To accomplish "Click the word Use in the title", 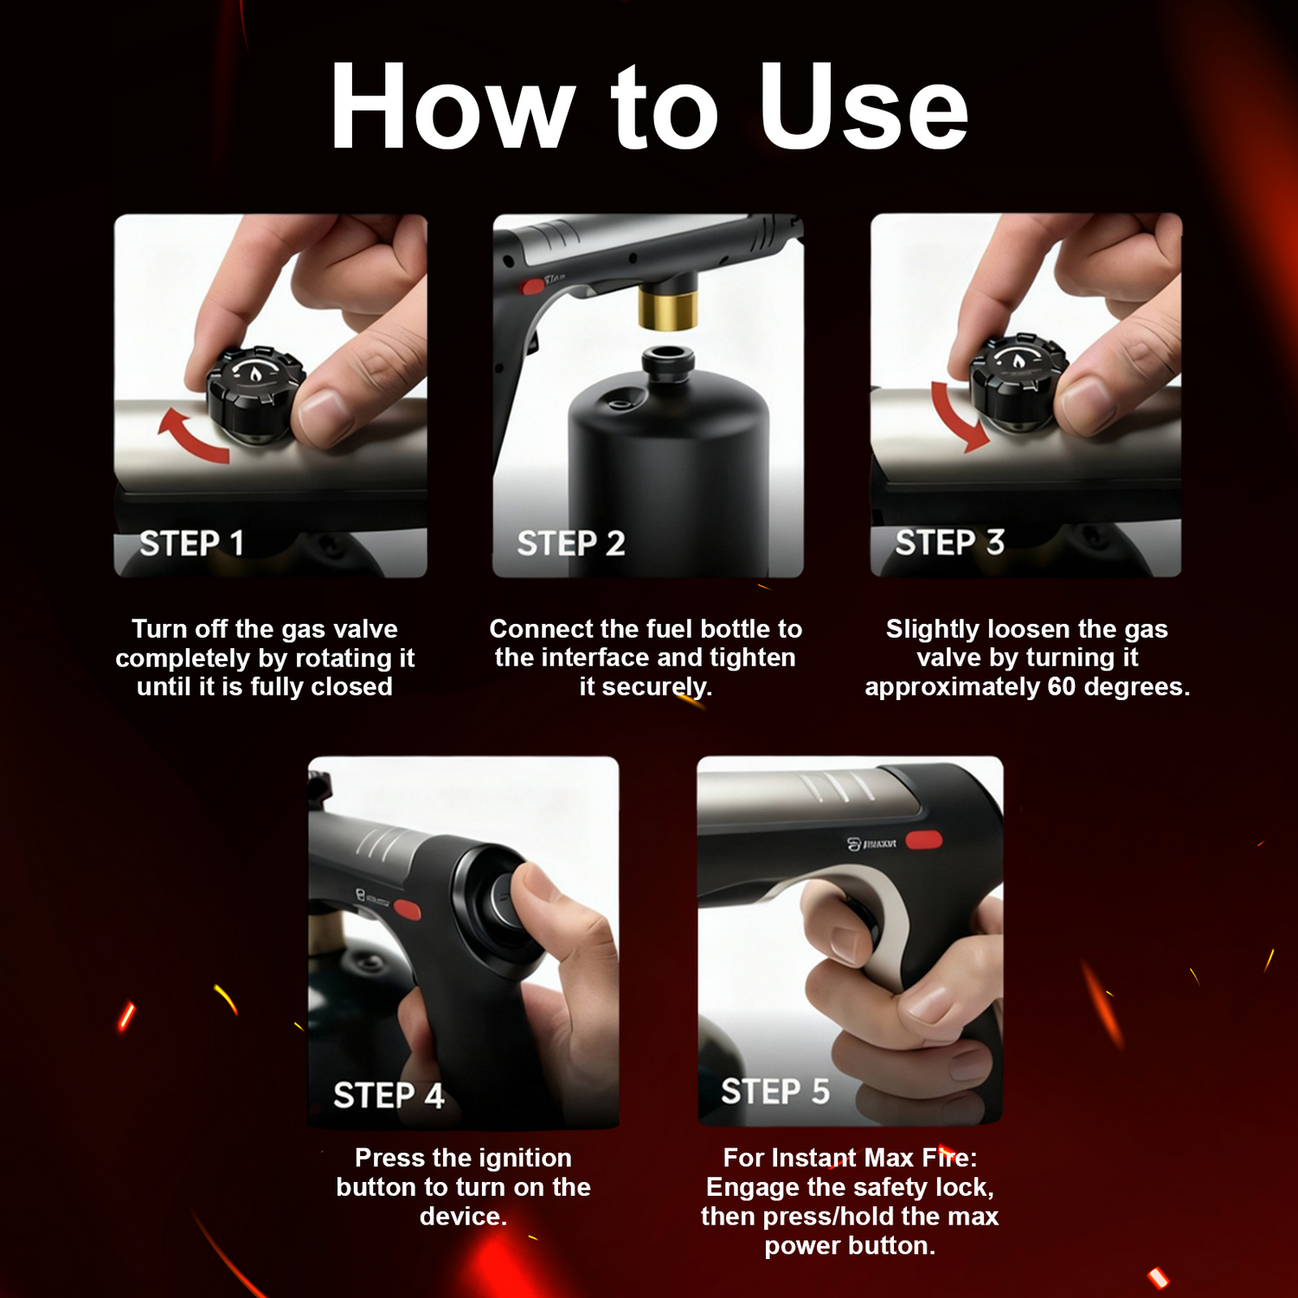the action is [x=864, y=107].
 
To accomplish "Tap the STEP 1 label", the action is [x=191, y=543].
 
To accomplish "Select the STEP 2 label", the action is [x=570, y=543].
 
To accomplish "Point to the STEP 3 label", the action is [x=949, y=543].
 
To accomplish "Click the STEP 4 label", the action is [x=389, y=1096].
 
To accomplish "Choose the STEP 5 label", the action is [x=775, y=1091].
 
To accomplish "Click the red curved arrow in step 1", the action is [x=191, y=435].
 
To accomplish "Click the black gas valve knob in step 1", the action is [x=255, y=395].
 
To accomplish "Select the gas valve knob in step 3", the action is [x=1018, y=380].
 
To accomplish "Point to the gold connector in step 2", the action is [x=668, y=309].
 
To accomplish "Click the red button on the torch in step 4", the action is [x=407, y=909].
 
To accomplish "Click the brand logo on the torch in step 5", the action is [x=871, y=843].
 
